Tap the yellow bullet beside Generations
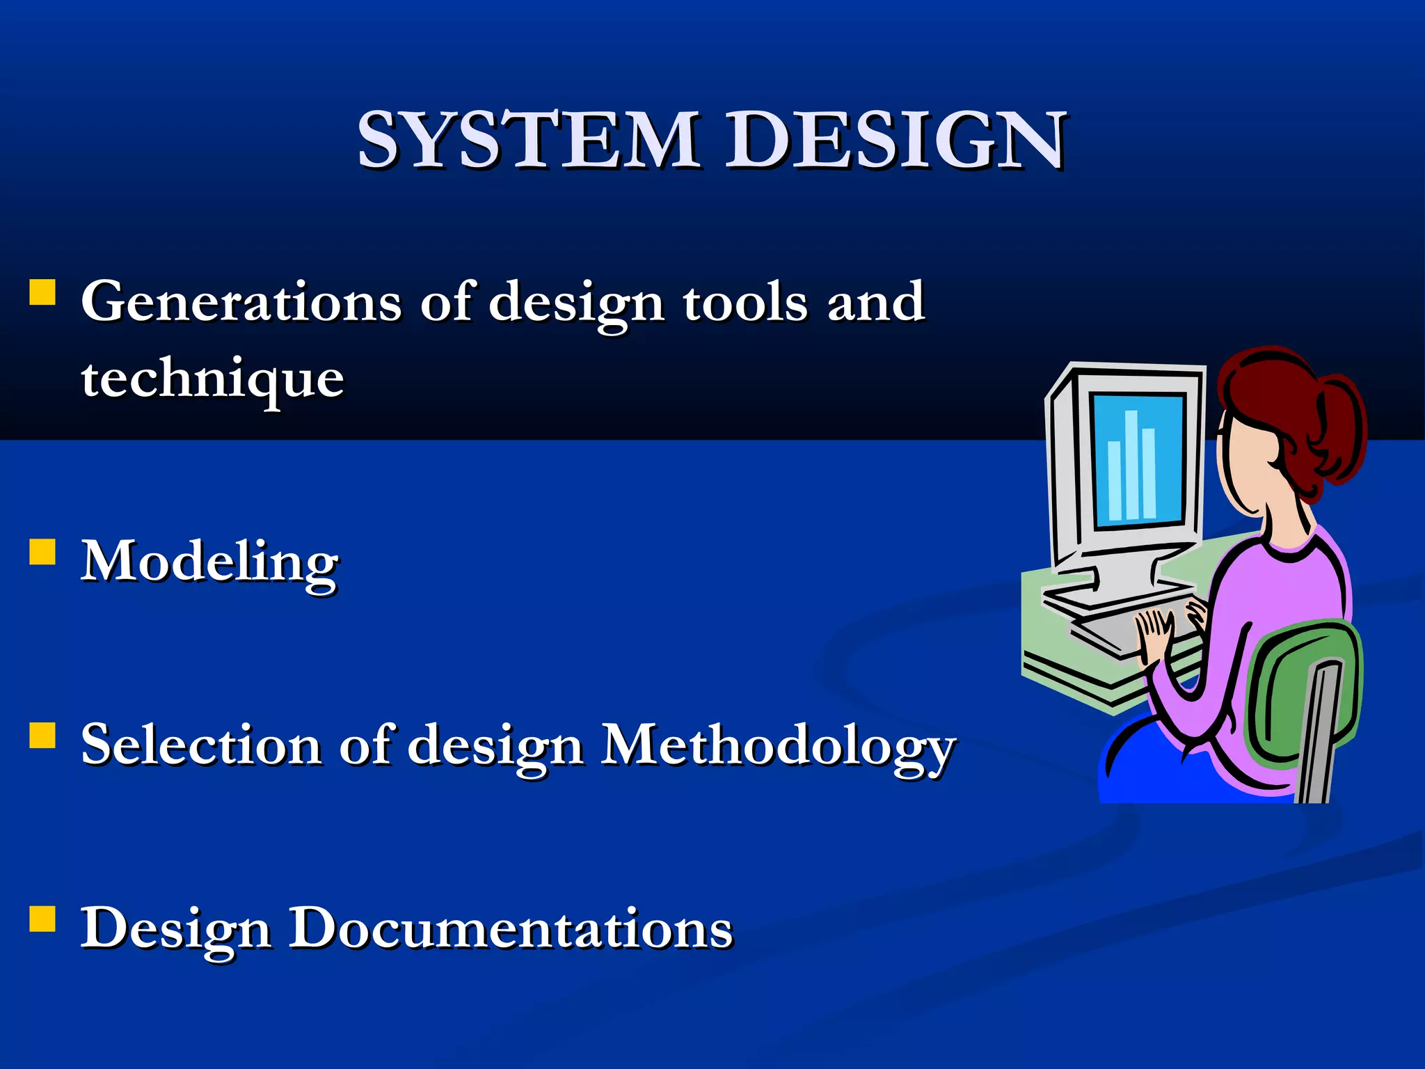42,293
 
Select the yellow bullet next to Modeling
42,552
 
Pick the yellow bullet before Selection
42,735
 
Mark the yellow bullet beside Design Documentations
42,918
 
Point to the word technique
212,380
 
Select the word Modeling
209,563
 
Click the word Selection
201,745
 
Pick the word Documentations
511,928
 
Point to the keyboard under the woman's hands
1113,630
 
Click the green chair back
1301,696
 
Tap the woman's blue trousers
1169,773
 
